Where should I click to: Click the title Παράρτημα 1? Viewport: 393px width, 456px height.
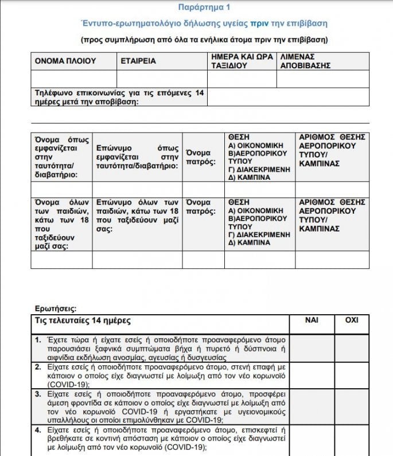pyautogui.click(x=196, y=7)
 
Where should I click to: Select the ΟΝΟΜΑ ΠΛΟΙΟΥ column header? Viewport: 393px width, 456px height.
pyautogui.click(x=65, y=61)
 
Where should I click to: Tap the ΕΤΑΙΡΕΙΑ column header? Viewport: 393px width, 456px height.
pyautogui.click(x=138, y=61)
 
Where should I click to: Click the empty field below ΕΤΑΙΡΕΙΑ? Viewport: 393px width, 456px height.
pyautogui.click(x=162, y=79)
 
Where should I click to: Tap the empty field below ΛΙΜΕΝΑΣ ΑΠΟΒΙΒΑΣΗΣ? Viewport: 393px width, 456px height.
pyautogui.click(x=331, y=79)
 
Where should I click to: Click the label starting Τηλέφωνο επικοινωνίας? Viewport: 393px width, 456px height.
pyautogui.click(x=119, y=97)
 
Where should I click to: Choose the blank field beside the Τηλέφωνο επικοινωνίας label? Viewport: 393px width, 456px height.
pyautogui.click(x=296, y=97)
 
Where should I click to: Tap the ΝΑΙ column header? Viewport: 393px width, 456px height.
pyautogui.click(x=313, y=320)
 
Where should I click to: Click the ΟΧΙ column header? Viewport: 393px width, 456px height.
pyautogui.click(x=351, y=320)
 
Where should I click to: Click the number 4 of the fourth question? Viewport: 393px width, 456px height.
pyautogui.click(x=37, y=429)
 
